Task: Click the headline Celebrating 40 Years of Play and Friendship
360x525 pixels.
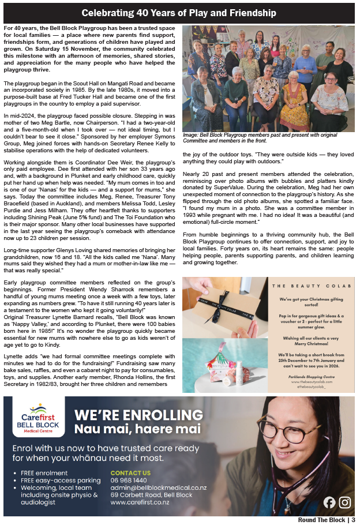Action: [179, 13]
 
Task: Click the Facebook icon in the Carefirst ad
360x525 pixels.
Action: [329, 502]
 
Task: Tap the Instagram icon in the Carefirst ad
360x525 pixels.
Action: [345, 502]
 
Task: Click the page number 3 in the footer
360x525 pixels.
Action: [352, 520]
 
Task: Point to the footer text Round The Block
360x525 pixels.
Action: [321, 520]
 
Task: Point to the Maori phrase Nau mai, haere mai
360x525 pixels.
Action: [138, 429]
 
